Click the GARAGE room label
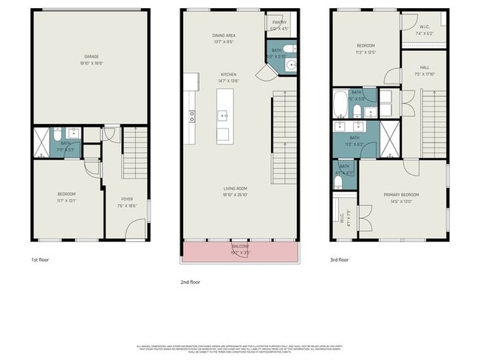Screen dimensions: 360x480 click(x=92, y=56)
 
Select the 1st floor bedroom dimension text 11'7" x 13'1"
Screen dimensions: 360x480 click(x=67, y=200)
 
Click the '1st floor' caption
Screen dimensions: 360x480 click(x=40, y=260)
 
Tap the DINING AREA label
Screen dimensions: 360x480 click(x=224, y=35)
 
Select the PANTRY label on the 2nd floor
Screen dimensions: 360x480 click(x=279, y=22)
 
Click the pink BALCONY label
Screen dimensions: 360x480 click(x=241, y=246)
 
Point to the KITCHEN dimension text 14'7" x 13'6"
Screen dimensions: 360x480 click(x=230, y=81)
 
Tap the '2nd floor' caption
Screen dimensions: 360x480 click(x=190, y=281)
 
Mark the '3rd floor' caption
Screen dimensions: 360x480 click(x=340, y=260)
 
